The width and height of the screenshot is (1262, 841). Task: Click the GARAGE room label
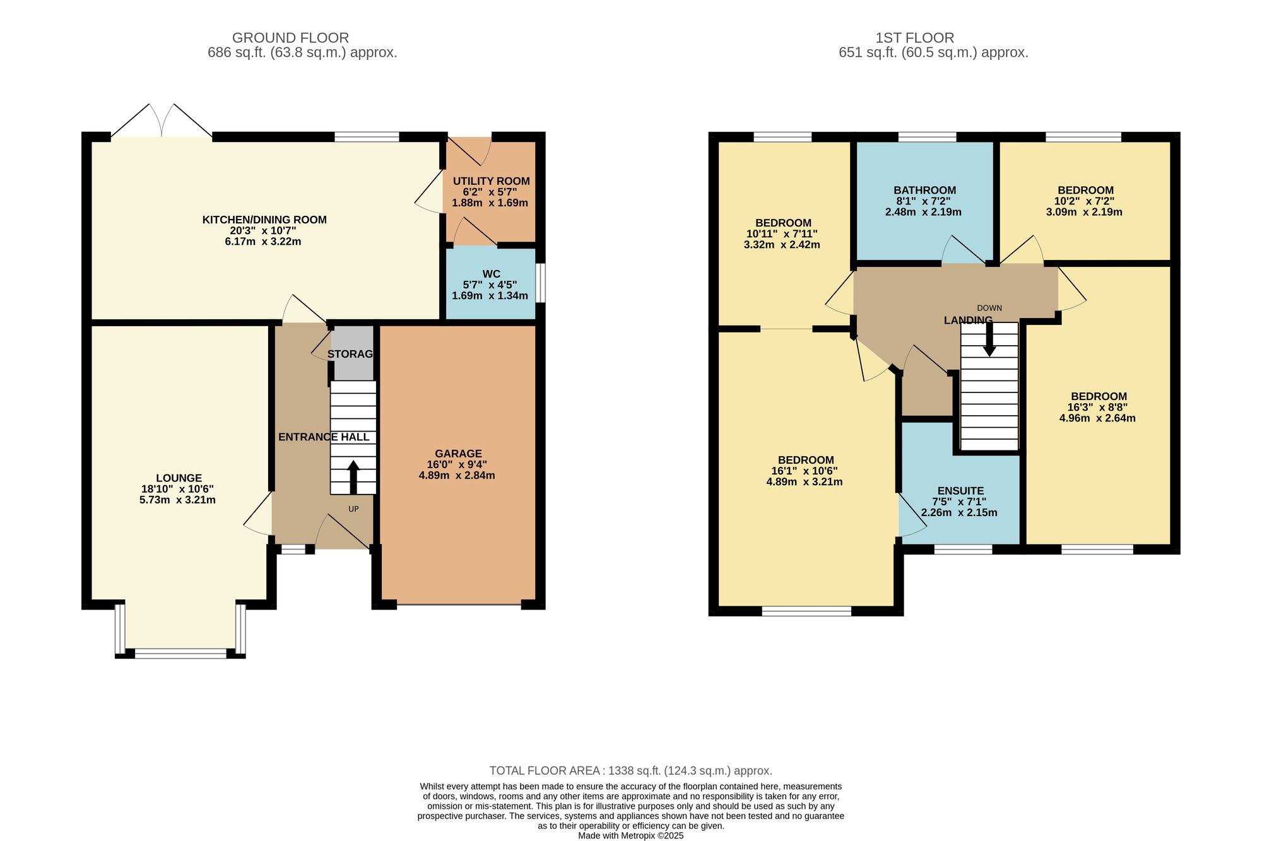point(458,454)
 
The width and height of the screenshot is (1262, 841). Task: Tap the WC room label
point(492,274)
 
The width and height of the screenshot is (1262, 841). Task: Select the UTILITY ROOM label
point(491,181)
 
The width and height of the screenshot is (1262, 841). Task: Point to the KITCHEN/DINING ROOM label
point(264,220)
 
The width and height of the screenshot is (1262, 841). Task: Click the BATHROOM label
point(924,190)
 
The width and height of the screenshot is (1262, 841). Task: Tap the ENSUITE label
point(960,491)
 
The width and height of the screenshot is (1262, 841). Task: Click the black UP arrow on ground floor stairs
point(353,477)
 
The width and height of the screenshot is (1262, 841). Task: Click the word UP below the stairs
point(353,509)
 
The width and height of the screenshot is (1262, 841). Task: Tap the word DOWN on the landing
point(989,308)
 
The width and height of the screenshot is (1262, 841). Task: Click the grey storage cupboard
point(353,353)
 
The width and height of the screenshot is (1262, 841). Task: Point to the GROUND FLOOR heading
point(290,38)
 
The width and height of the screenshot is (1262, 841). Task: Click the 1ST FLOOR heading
point(914,38)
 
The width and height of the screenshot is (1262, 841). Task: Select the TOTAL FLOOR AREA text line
point(631,770)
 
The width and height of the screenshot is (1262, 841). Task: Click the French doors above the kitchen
point(162,121)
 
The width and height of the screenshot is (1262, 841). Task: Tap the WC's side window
point(541,283)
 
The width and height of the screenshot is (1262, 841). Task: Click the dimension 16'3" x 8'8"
point(1098,407)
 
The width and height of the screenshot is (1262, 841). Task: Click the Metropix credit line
point(631,835)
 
